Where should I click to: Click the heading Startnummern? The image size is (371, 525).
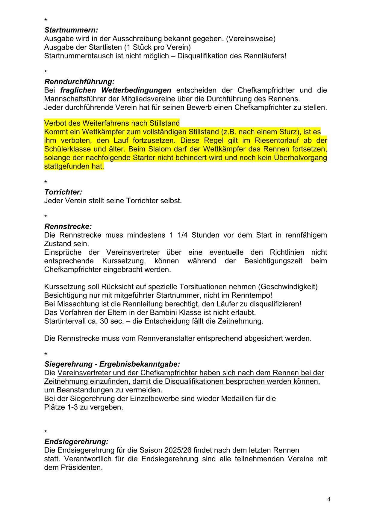71,30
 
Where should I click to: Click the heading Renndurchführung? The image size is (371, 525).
79,81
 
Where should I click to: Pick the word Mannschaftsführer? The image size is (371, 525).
77,99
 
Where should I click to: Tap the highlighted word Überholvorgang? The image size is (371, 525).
300,157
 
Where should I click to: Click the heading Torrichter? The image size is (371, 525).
63,192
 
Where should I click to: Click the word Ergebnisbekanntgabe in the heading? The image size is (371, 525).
140,364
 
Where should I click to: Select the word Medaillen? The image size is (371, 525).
237,398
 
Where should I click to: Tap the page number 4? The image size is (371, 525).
328,499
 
